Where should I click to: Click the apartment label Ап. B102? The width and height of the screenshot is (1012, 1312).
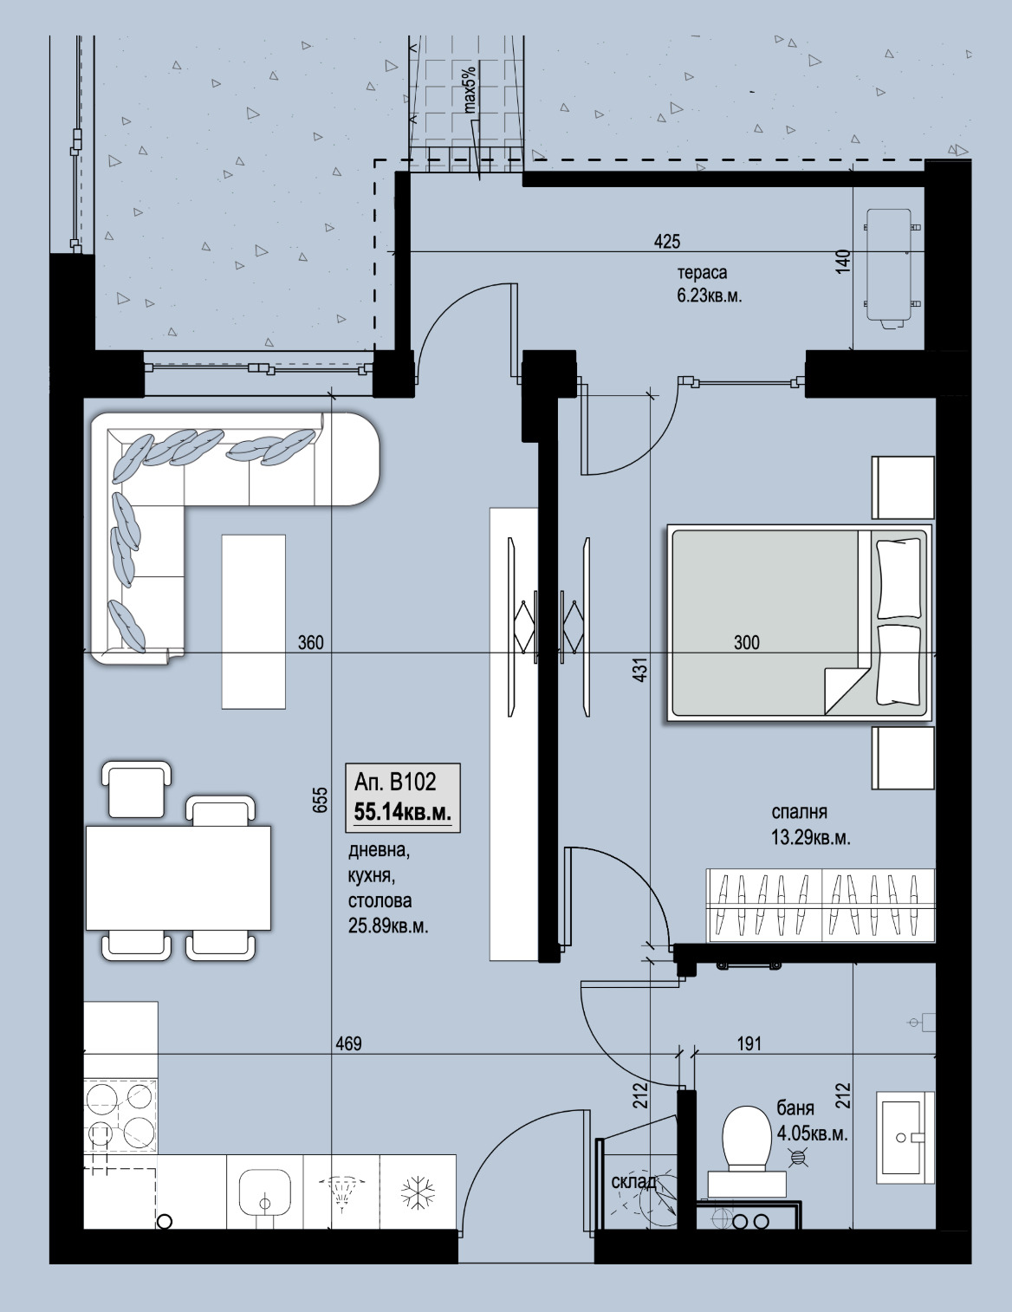pyautogui.click(x=394, y=782)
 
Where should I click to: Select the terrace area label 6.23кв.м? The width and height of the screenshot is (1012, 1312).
pyautogui.click(x=709, y=296)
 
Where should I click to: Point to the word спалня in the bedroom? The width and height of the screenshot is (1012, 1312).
pyautogui.click(x=799, y=813)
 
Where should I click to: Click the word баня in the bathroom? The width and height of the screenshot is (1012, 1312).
pyautogui.click(x=795, y=1108)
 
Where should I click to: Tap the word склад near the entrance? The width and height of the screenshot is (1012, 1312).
pyautogui.click(x=633, y=1182)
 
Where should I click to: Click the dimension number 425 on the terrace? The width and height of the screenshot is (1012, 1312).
pyautogui.click(x=667, y=242)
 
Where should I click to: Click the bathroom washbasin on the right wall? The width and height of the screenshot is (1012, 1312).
pyautogui.click(x=905, y=1138)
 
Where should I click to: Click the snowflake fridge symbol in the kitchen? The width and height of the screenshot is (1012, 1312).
pyautogui.click(x=418, y=1192)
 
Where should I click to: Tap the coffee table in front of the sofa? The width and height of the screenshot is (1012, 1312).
pyautogui.click(x=254, y=621)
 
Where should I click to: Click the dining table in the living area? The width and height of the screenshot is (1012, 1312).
pyautogui.click(x=178, y=878)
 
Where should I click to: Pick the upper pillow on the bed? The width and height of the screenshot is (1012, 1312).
pyautogui.click(x=898, y=579)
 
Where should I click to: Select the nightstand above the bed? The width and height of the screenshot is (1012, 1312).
pyautogui.click(x=903, y=487)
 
